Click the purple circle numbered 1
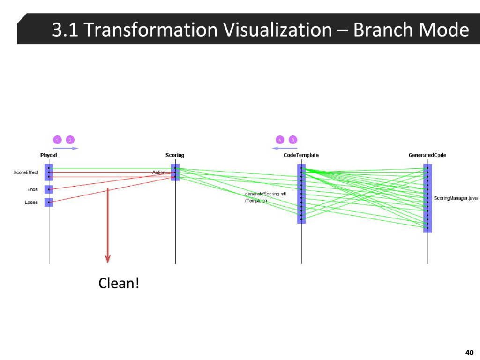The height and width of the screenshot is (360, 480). (x=57, y=140)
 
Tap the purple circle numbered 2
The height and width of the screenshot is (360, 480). (x=70, y=140)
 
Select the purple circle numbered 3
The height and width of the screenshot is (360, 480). (x=292, y=140)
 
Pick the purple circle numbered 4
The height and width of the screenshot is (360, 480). (x=279, y=140)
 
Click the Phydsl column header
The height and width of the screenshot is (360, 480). (x=49, y=155)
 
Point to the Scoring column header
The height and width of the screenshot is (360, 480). (x=175, y=155)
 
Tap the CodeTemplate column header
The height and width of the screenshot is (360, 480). (x=301, y=155)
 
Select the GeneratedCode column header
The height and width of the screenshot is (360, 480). (x=427, y=155)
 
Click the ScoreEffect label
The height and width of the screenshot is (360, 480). (x=26, y=172)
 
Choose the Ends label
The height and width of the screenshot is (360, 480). (x=32, y=189)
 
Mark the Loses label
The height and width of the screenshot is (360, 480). (x=31, y=202)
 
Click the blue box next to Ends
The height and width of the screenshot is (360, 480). (x=49, y=189)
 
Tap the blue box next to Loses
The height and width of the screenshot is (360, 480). (x=49, y=202)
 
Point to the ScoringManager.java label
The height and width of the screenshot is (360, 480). (x=455, y=198)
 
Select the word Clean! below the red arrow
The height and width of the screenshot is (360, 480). (x=119, y=283)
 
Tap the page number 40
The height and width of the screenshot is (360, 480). (x=469, y=352)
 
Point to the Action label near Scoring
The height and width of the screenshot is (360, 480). (x=159, y=172)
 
